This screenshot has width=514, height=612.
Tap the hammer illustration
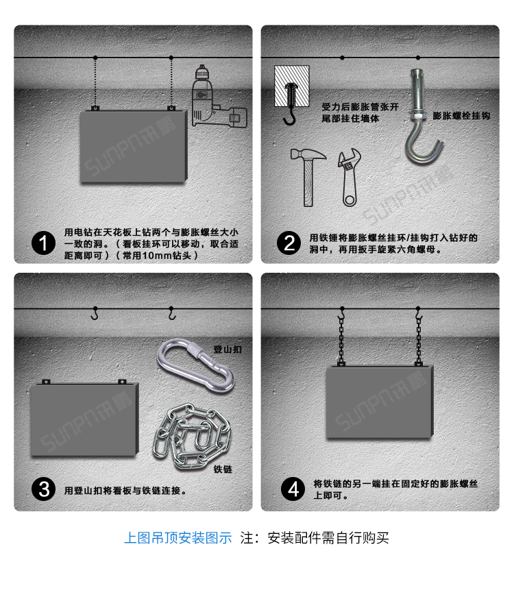pos(308,176)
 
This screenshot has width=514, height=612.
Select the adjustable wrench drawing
pos(350,178)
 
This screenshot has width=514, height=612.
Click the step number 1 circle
pos(43,243)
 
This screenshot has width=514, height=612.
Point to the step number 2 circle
pos(289,243)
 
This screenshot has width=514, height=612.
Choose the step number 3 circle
pos(43,489)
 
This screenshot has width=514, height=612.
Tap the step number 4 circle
pos(293,489)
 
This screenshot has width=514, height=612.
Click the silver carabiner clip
pos(195,365)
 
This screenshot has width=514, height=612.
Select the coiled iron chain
pos(192,435)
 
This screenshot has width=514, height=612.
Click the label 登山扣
pos(228,350)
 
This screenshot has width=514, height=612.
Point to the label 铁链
pos(223,469)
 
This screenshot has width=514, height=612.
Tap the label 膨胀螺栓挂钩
pos(461,116)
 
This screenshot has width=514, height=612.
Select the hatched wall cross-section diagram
pos(291,86)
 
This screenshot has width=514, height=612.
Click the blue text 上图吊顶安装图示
pos(178,538)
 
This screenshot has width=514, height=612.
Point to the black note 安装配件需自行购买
pos(328,538)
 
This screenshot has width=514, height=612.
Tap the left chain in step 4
pos(341,339)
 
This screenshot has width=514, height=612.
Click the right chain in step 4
pos(418,339)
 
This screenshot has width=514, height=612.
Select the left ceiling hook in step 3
pos(95,313)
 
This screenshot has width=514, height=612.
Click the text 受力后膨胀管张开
pos(360,106)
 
